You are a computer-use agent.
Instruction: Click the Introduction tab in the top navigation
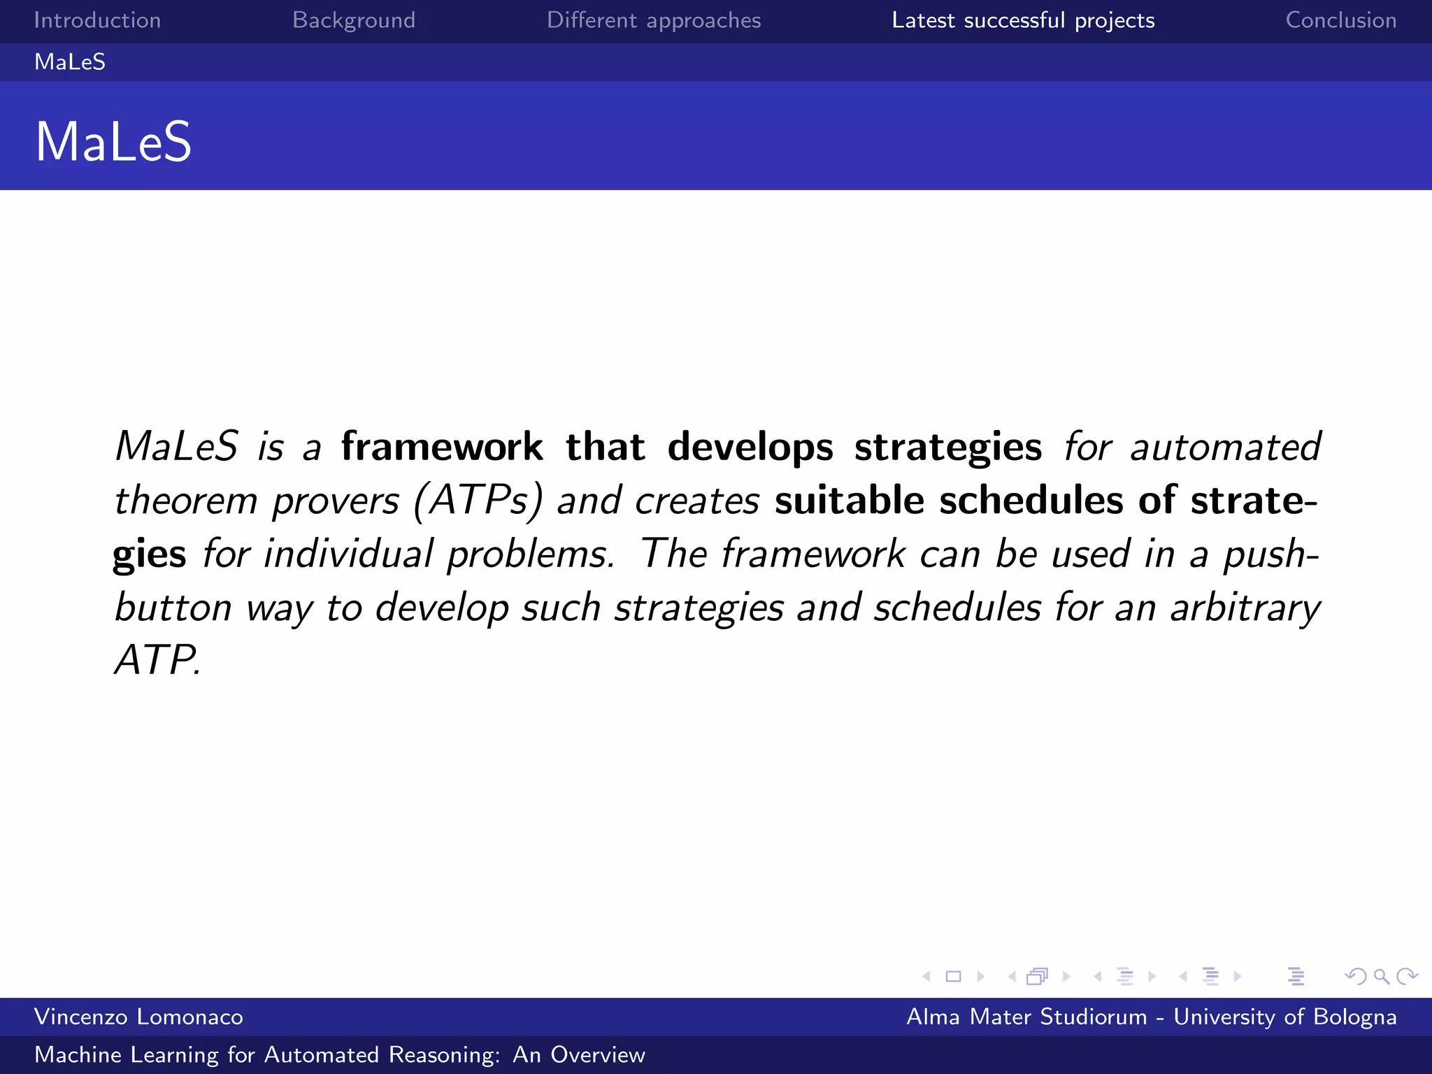pos(97,20)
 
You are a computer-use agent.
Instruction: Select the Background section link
pos(354,20)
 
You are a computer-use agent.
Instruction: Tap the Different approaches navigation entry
pos(654,20)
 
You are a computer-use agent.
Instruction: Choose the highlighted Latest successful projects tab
pos(1023,20)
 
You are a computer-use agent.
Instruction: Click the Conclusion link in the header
pos(1340,20)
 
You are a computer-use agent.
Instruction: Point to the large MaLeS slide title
pos(113,142)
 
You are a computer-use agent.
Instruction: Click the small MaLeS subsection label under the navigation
pos(70,62)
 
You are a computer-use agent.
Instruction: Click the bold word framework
pos(441,447)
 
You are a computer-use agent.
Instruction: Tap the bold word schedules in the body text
pos(1031,501)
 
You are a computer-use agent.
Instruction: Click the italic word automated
pos(1226,447)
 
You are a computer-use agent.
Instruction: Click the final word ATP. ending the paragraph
pos(158,659)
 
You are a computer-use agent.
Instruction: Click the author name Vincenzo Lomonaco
pos(138,1017)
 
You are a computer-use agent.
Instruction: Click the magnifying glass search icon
pos(1381,976)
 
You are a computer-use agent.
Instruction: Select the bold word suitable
pos(849,501)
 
